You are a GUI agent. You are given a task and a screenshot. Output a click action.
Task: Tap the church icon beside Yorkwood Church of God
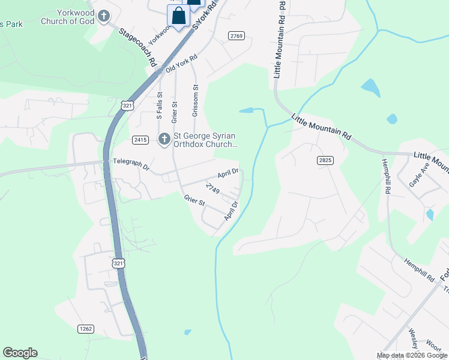click(x=104, y=16)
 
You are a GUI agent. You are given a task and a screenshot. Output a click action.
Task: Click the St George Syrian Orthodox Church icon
click(x=164, y=140)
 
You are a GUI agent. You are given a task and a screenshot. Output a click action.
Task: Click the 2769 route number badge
click(x=237, y=36)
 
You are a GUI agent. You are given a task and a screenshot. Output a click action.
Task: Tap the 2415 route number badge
click(x=140, y=140)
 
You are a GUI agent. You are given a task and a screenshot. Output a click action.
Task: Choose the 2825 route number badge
click(x=325, y=160)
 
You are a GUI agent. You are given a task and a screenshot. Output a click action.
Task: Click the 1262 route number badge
click(x=86, y=328)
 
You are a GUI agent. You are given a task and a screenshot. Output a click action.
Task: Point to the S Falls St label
click(x=160, y=106)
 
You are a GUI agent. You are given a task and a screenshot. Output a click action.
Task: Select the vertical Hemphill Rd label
click(x=388, y=176)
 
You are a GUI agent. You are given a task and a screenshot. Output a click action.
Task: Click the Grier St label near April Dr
click(x=194, y=200)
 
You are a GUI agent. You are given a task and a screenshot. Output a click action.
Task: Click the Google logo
click(x=20, y=353)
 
